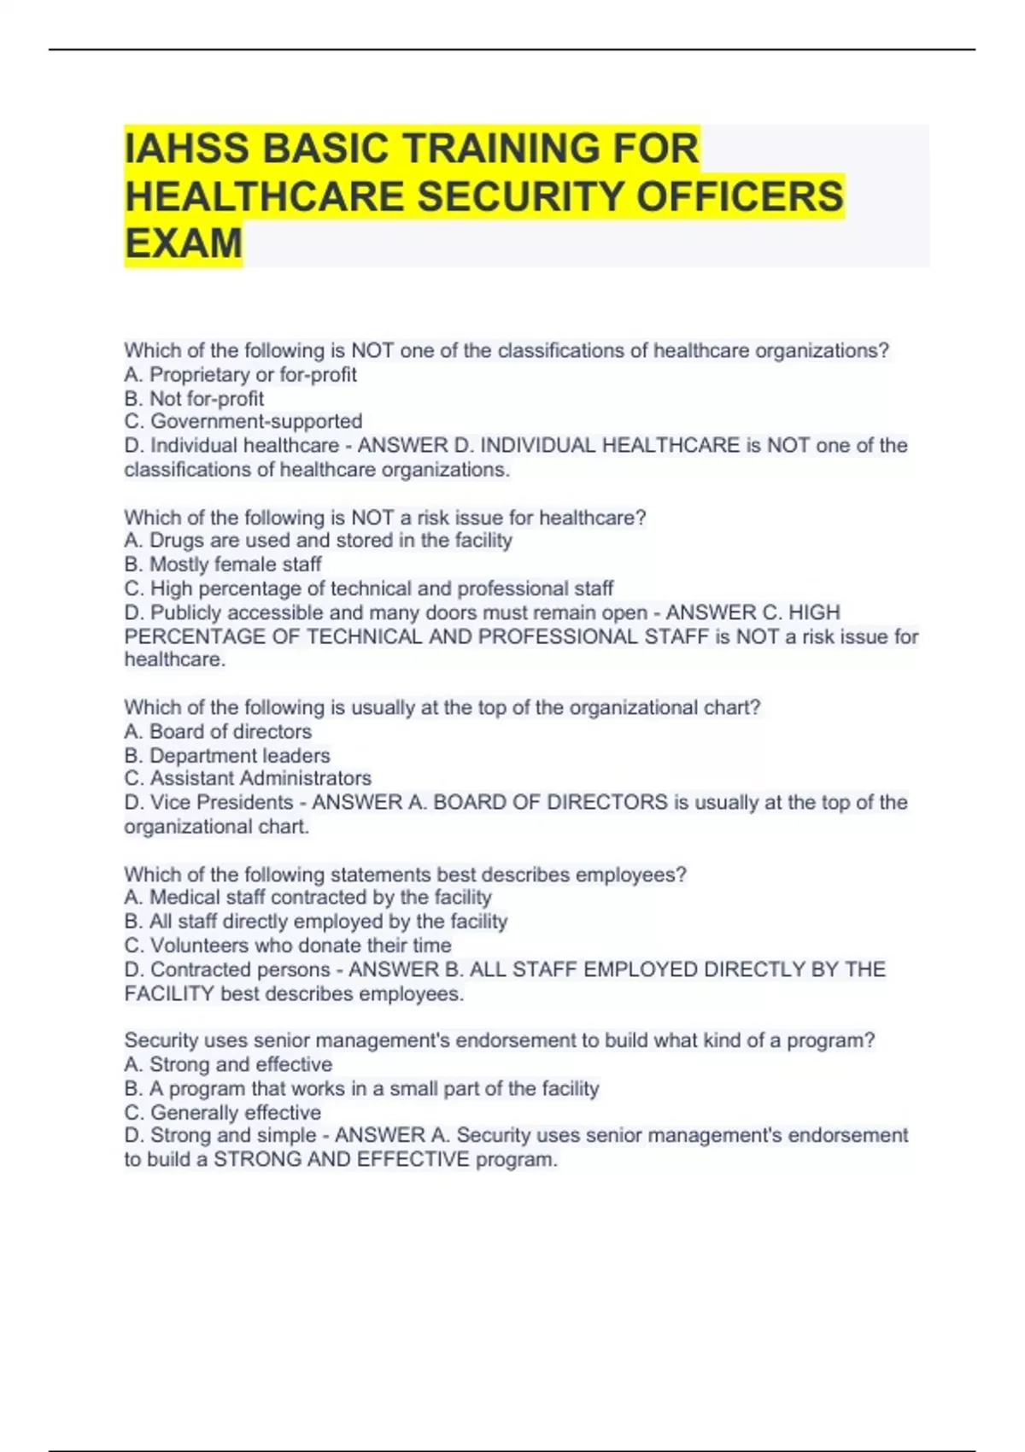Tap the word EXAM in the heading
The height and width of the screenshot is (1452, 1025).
184,243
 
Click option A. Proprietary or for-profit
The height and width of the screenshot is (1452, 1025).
240,374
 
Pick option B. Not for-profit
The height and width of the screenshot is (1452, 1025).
194,398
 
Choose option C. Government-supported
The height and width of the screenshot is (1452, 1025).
243,421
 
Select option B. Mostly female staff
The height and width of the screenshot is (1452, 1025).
223,564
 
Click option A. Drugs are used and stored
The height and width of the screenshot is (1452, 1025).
318,540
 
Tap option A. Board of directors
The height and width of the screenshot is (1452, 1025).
218,731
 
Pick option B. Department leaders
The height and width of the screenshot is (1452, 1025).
227,755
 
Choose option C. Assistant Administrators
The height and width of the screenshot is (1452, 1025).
248,778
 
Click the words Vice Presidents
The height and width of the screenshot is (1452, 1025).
221,802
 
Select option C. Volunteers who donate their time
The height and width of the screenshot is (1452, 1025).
288,945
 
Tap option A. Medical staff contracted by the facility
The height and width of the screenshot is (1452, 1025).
307,897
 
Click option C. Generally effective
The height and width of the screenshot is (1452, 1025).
223,1112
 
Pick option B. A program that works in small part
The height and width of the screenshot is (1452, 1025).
361,1088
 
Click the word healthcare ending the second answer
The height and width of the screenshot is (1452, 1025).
173,659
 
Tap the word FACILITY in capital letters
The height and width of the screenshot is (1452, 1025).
168,993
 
